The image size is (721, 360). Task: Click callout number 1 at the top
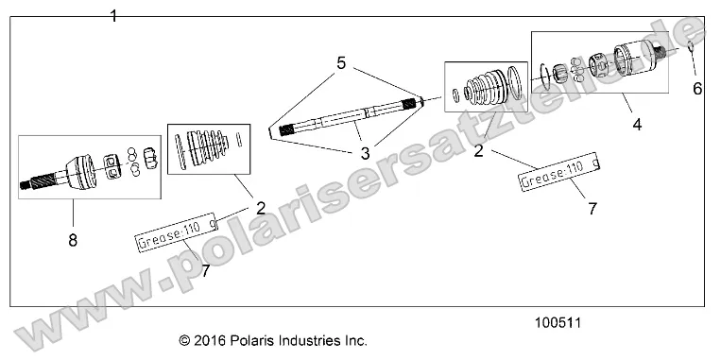point(114,16)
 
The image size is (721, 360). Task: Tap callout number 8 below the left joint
point(72,240)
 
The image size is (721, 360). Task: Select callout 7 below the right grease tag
point(592,210)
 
